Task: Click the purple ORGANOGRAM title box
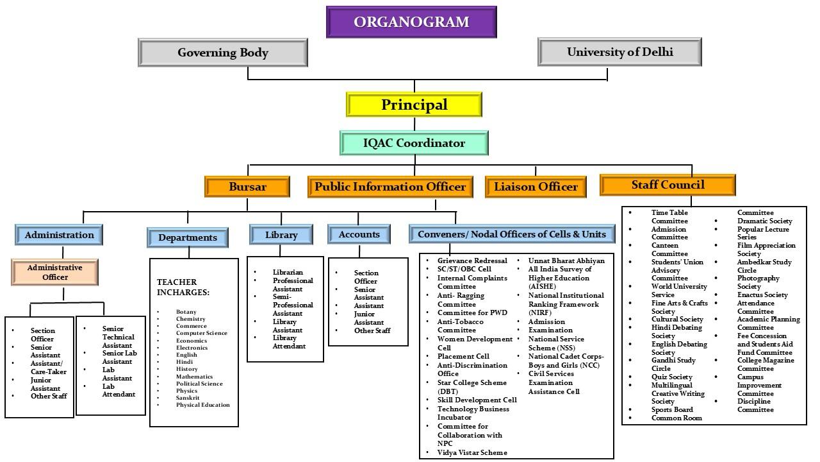(411, 22)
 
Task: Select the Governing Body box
(223, 53)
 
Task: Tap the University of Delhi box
(619, 52)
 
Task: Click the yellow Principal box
(414, 105)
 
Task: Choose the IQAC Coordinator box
(414, 143)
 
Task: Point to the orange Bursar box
(247, 187)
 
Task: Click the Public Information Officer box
(390, 187)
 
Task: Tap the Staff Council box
(668, 185)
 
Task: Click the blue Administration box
(59, 235)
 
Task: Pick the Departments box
(188, 237)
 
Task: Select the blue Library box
(281, 235)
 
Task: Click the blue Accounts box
(359, 234)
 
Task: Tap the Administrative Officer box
(55, 272)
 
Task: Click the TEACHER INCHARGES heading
(183, 287)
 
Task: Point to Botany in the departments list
(186, 312)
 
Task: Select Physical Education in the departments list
(202, 405)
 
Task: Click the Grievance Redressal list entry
(472, 261)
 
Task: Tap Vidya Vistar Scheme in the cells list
(472, 452)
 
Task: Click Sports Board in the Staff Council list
(672, 409)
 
